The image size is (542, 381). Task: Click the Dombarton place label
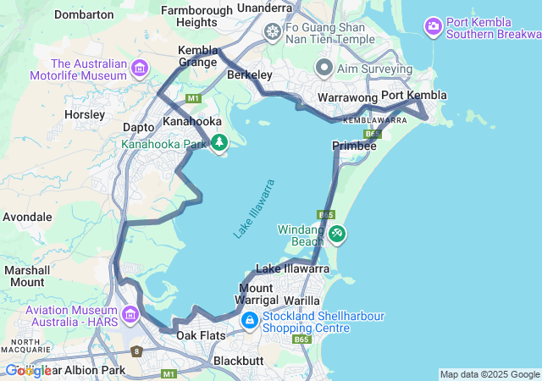(x=84, y=14)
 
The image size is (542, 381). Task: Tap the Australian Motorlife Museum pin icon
(x=140, y=68)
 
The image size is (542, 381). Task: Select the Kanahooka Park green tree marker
(x=219, y=143)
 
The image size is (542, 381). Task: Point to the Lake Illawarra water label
(x=254, y=208)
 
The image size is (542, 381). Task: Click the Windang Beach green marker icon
(x=337, y=233)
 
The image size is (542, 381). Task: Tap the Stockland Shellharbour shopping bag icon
(x=250, y=321)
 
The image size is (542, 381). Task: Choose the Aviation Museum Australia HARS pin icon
(x=130, y=316)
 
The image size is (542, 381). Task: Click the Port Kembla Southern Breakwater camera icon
(x=434, y=27)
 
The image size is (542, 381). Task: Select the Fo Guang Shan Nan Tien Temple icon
(x=273, y=32)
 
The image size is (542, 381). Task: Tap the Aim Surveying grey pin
(x=324, y=67)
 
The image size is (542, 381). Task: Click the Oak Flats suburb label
(x=201, y=336)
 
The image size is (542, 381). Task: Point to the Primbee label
(x=354, y=146)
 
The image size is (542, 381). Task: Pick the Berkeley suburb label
(x=250, y=75)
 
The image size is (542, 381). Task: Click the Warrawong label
(x=346, y=98)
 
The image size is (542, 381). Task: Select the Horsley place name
(x=85, y=113)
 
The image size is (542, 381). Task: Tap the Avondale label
(x=27, y=217)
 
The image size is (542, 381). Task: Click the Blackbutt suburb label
(x=239, y=360)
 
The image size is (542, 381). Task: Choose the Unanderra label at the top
(x=265, y=8)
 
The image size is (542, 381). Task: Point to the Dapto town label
(x=139, y=127)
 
